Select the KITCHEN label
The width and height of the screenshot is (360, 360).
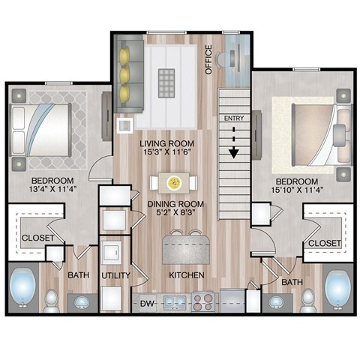click(x=187, y=275)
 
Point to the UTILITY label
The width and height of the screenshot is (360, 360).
click(x=116, y=275)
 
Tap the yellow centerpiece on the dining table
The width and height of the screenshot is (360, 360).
click(x=175, y=182)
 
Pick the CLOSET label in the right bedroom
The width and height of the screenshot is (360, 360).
click(x=325, y=244)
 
